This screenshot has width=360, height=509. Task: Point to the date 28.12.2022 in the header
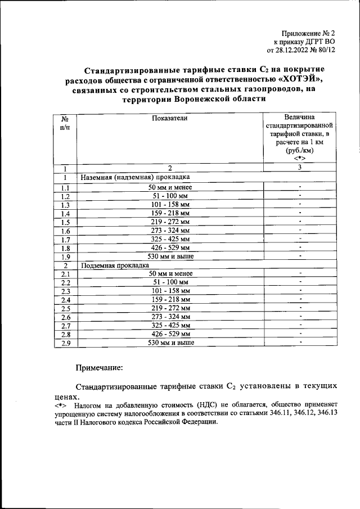(300, 49)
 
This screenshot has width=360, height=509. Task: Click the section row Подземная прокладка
(115, 264)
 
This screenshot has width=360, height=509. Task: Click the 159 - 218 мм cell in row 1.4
(169, 213)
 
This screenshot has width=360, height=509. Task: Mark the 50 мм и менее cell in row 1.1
(169, 187)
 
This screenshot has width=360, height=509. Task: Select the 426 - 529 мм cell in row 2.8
(169, 334)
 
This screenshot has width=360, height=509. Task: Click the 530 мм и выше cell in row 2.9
(169, 343)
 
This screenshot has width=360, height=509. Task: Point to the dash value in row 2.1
(301, 272)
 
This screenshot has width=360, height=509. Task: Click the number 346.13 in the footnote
(325, 413)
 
